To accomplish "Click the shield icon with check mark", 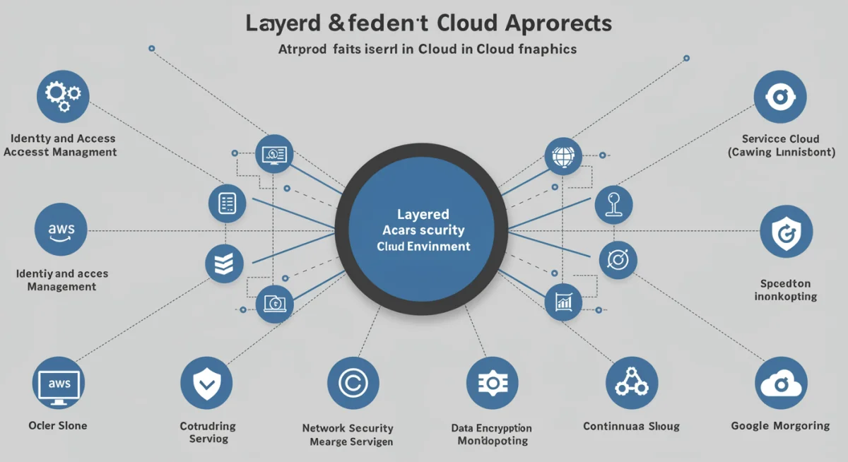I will (206, 383).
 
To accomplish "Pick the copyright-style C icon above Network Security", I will (353, 383).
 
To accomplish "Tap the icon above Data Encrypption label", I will (492, 383).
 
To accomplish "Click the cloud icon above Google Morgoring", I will (780, 383).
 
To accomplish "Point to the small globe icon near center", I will (563, 155).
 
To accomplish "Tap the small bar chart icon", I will (563, 302).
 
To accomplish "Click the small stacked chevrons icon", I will (223, 264).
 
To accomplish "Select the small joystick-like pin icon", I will (613, 204).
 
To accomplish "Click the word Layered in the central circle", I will (423, 214).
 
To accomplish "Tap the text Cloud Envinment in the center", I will (423, 247).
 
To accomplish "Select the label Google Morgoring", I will (780, 425).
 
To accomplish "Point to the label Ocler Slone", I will (58, 425).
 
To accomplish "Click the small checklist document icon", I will (228, 203).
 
